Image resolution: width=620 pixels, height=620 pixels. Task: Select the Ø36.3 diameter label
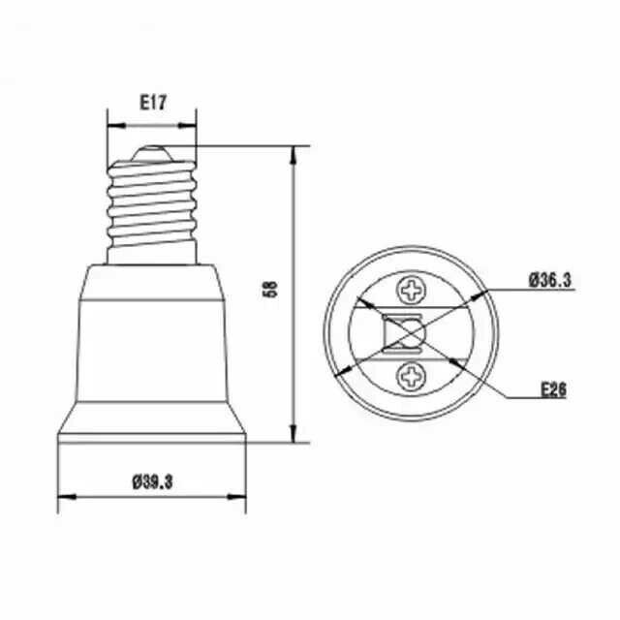coord(550,281)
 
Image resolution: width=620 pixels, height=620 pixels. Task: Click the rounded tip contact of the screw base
coord(151,153)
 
